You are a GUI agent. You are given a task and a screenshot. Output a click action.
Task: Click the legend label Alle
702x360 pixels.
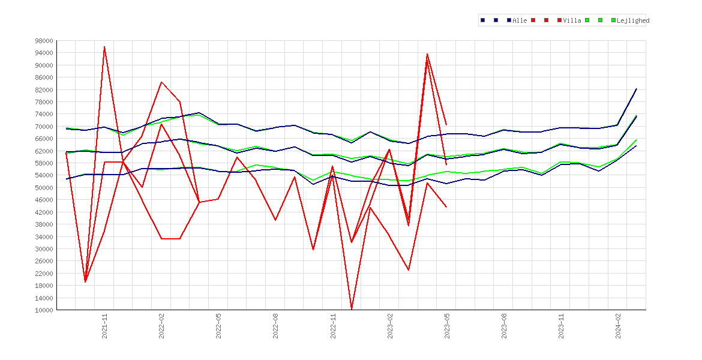click(520, 20)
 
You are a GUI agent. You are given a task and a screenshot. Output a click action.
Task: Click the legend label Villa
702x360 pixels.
click(572, 20)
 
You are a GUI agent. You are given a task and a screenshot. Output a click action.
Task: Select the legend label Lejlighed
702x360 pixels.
click(633, 20)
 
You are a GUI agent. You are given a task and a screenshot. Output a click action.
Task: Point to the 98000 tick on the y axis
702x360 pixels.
click(44, 41)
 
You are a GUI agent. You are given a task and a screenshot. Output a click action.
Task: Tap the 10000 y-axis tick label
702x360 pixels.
click(44, 310)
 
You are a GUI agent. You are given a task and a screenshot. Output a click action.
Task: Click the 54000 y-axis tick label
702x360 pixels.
click(44, 176)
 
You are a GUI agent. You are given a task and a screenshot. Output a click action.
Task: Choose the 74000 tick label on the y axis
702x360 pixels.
click(44, 114)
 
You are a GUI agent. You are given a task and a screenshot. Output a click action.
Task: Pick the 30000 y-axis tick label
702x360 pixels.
click(44, 249)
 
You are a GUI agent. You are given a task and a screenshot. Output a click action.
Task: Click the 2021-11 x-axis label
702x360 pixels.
click(105, 326)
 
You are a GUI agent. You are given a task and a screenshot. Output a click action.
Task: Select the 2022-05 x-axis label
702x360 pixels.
click(219, 326)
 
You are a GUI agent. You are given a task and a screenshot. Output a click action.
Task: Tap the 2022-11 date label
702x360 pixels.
click(333, 326)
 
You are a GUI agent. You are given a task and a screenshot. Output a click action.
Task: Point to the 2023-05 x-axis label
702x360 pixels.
click(447, 326)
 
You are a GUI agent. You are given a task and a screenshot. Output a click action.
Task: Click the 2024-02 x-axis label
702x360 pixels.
click(618, 326)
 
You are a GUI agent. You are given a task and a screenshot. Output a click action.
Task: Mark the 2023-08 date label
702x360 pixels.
click(504, 326)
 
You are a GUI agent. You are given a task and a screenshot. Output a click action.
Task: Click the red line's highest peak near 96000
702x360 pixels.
click(104, 47)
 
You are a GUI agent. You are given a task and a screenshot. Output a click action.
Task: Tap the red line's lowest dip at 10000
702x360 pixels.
click(352, 309)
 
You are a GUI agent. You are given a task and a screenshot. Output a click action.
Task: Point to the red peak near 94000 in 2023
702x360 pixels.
click(427, 54)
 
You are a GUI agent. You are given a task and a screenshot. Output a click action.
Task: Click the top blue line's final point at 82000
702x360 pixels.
click(636, 89)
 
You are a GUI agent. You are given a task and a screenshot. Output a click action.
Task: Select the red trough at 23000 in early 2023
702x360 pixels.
click(409, 270)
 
